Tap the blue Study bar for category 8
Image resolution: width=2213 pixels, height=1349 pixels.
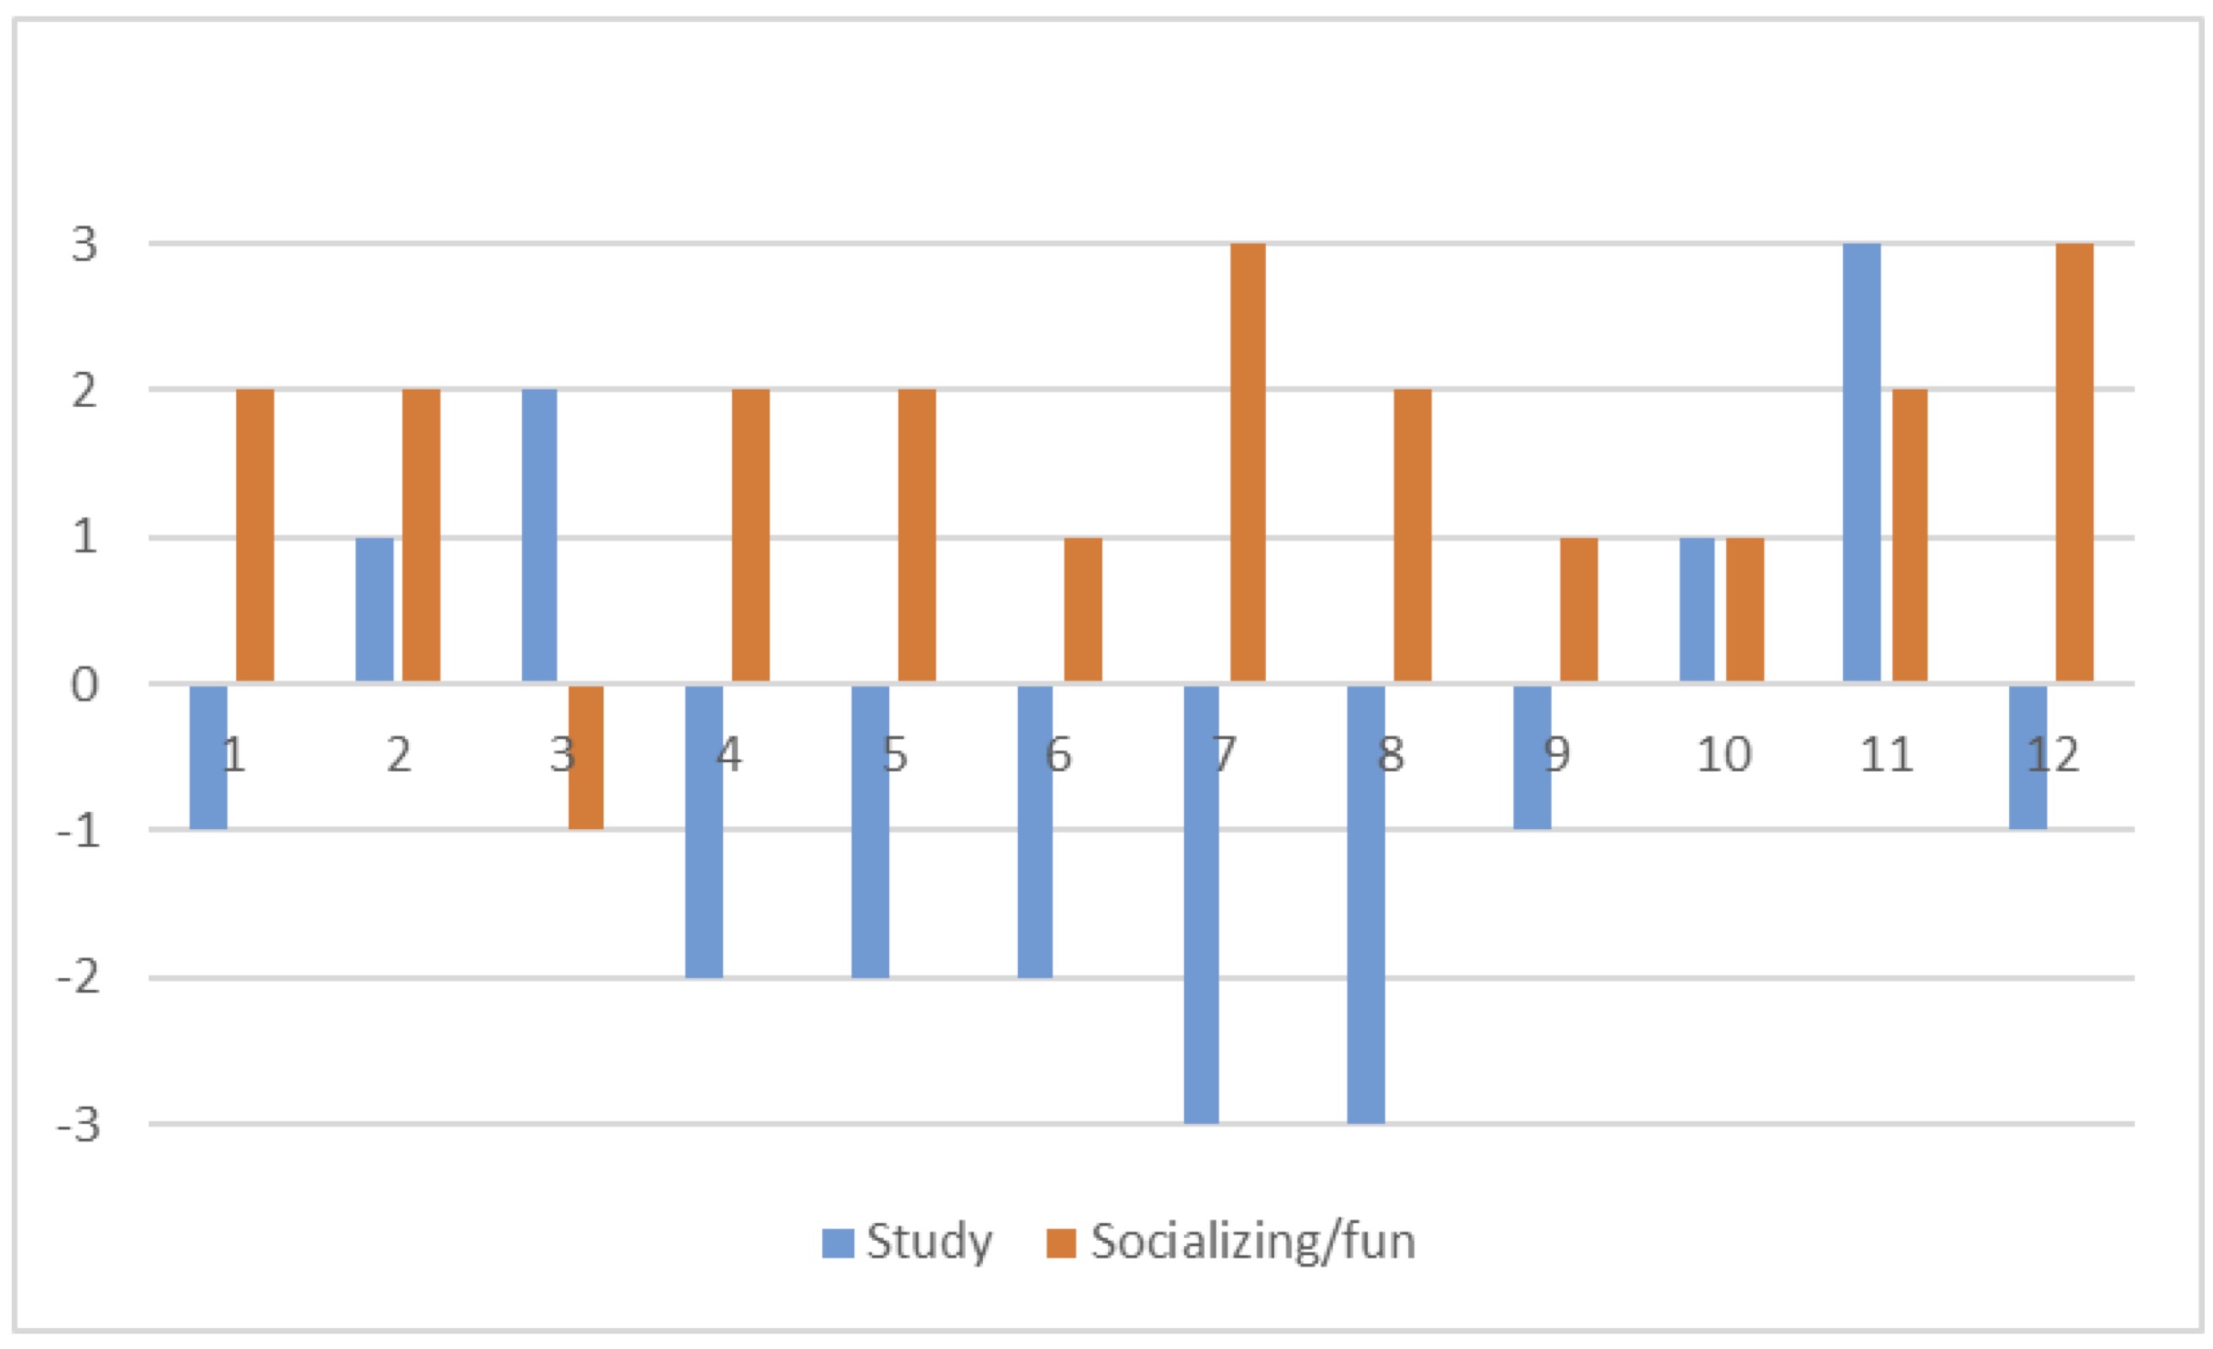tap(1366, 905)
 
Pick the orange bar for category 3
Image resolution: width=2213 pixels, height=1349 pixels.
tap(586, 758)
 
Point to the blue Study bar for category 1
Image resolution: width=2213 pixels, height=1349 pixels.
tap(209, 758)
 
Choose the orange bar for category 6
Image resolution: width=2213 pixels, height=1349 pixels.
tap(1083, 610)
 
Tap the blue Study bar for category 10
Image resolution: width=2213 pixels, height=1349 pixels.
tap(1697, 610)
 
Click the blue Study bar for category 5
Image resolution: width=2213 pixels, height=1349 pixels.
tap(870, 831)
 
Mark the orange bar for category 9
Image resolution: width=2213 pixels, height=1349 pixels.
tap(1579, 610)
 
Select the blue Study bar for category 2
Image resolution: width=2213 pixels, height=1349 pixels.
tap(374, 610)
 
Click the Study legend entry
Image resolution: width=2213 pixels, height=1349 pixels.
tap(908, 1242)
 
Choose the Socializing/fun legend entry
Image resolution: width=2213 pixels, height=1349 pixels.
tap(1231, 1242)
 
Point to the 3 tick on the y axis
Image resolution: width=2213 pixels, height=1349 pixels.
tap(85, 244)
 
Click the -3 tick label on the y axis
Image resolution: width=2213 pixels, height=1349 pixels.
tap(79, 1125)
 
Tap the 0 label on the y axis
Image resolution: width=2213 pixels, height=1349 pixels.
tap(85, 685)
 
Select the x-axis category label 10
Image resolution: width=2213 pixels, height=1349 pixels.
tap(1723, 756)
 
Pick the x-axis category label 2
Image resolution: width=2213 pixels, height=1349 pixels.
tap(398, 756)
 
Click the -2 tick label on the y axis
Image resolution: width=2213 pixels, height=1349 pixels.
tap(79, 978)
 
